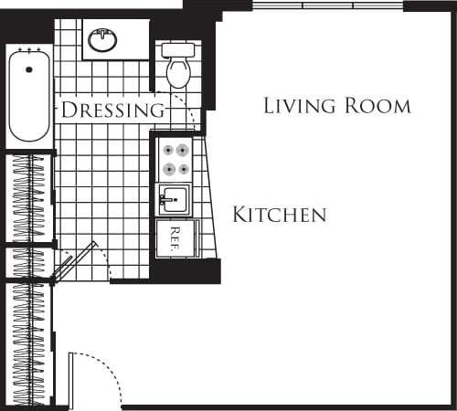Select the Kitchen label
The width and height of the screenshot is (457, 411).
[x=279, y=216]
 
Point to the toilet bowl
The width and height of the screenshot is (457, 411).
[x=178, y=72]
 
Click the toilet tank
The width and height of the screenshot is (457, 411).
[x=178, y=50]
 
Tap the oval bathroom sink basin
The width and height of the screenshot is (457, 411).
[x=102, y=40]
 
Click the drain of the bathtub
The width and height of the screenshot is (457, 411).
[x=29, y=69]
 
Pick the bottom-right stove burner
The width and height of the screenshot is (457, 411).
[x=184, y=169]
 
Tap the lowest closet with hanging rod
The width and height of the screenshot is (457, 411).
[x=30, y=342]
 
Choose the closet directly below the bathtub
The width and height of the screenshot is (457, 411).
[x=30, y=196]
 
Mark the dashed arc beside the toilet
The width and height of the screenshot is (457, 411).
[x=195, y=110]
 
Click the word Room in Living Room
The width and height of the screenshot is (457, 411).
[x=376, y=105]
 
